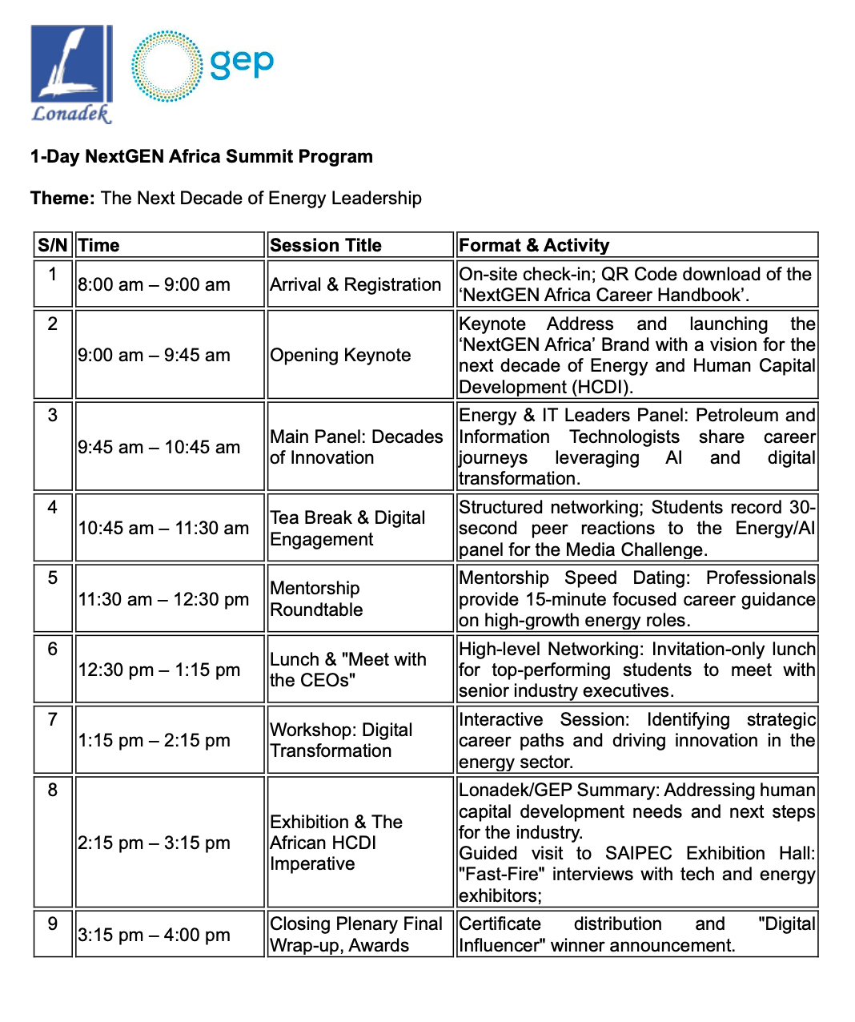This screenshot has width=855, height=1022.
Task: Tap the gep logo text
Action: [x=242, y=62]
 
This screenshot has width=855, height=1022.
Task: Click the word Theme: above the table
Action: [x=62, y=198]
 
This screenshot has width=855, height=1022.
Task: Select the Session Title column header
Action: [x=326, y=245]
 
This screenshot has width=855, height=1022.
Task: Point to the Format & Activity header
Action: [x=534, y=245]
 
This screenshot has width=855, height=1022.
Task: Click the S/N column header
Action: [x=53, y=245]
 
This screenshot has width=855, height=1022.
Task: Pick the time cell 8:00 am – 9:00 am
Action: [x=154, y=284]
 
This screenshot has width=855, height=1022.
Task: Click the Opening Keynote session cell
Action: [x=340, y=355]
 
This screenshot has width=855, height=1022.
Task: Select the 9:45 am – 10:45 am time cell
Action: [x=159, y=447]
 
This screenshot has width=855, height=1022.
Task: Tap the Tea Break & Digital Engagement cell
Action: [x=347, y=528]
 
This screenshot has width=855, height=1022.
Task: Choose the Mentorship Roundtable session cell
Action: [x=316, y=598]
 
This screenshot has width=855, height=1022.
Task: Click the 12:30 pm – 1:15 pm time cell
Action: [x=159, y=670]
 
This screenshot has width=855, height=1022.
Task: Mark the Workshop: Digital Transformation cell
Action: [x=341, y=740]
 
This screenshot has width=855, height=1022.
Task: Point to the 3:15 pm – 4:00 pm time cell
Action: [x=154, y=935]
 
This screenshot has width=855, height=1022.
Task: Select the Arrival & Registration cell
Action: [x=355, y=284]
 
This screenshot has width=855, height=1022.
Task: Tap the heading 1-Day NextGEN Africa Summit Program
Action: [x=202, y=156]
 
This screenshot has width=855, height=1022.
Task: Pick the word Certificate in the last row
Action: [x=500, y=923]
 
